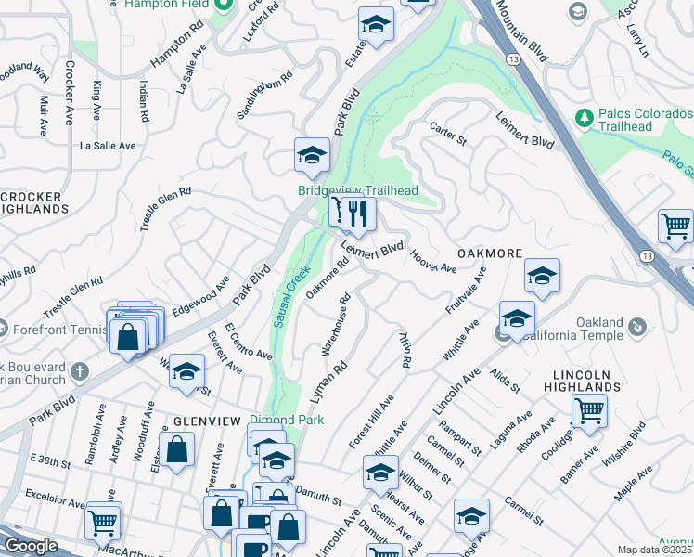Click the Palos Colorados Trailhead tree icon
coord(584,118)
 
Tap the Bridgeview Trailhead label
coord(358,191)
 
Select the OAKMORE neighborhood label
coord(489,253)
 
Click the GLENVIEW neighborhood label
coord(194,421)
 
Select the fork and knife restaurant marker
coord(356,214)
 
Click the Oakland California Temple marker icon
coord(637,327)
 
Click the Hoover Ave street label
coord(432,262)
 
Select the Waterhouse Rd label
coord(335,325)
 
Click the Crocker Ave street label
coord(70,93)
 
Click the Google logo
coord(31,546)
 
